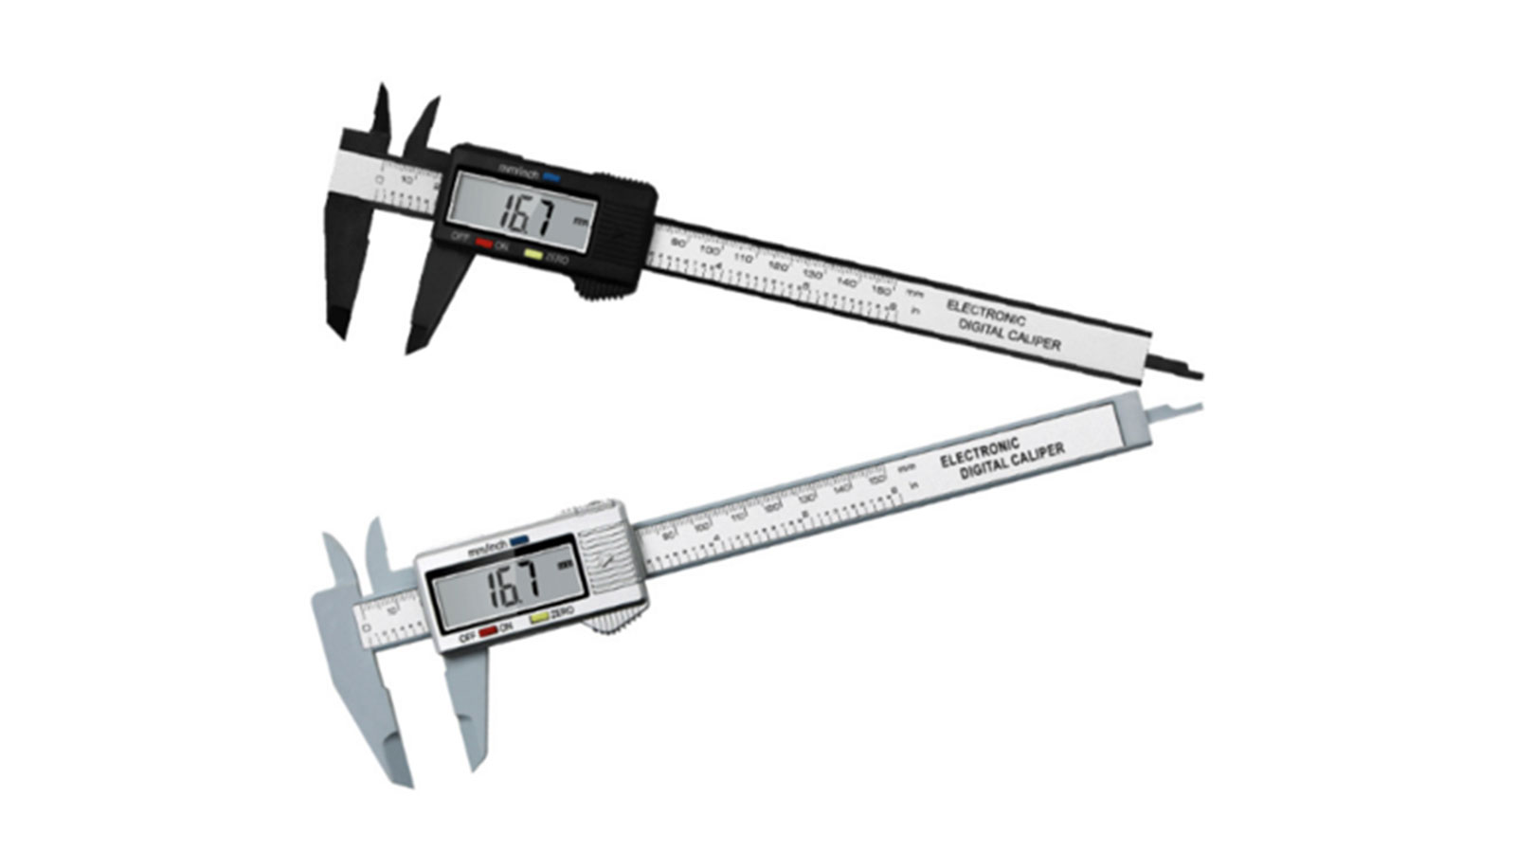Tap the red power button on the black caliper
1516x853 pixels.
483,245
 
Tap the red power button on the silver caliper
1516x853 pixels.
488,629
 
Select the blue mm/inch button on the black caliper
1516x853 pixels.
552,177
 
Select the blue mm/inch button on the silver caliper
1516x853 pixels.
518,542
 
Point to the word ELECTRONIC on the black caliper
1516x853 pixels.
985,314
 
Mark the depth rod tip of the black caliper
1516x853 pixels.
1198,375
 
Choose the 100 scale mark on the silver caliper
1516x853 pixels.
702,526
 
